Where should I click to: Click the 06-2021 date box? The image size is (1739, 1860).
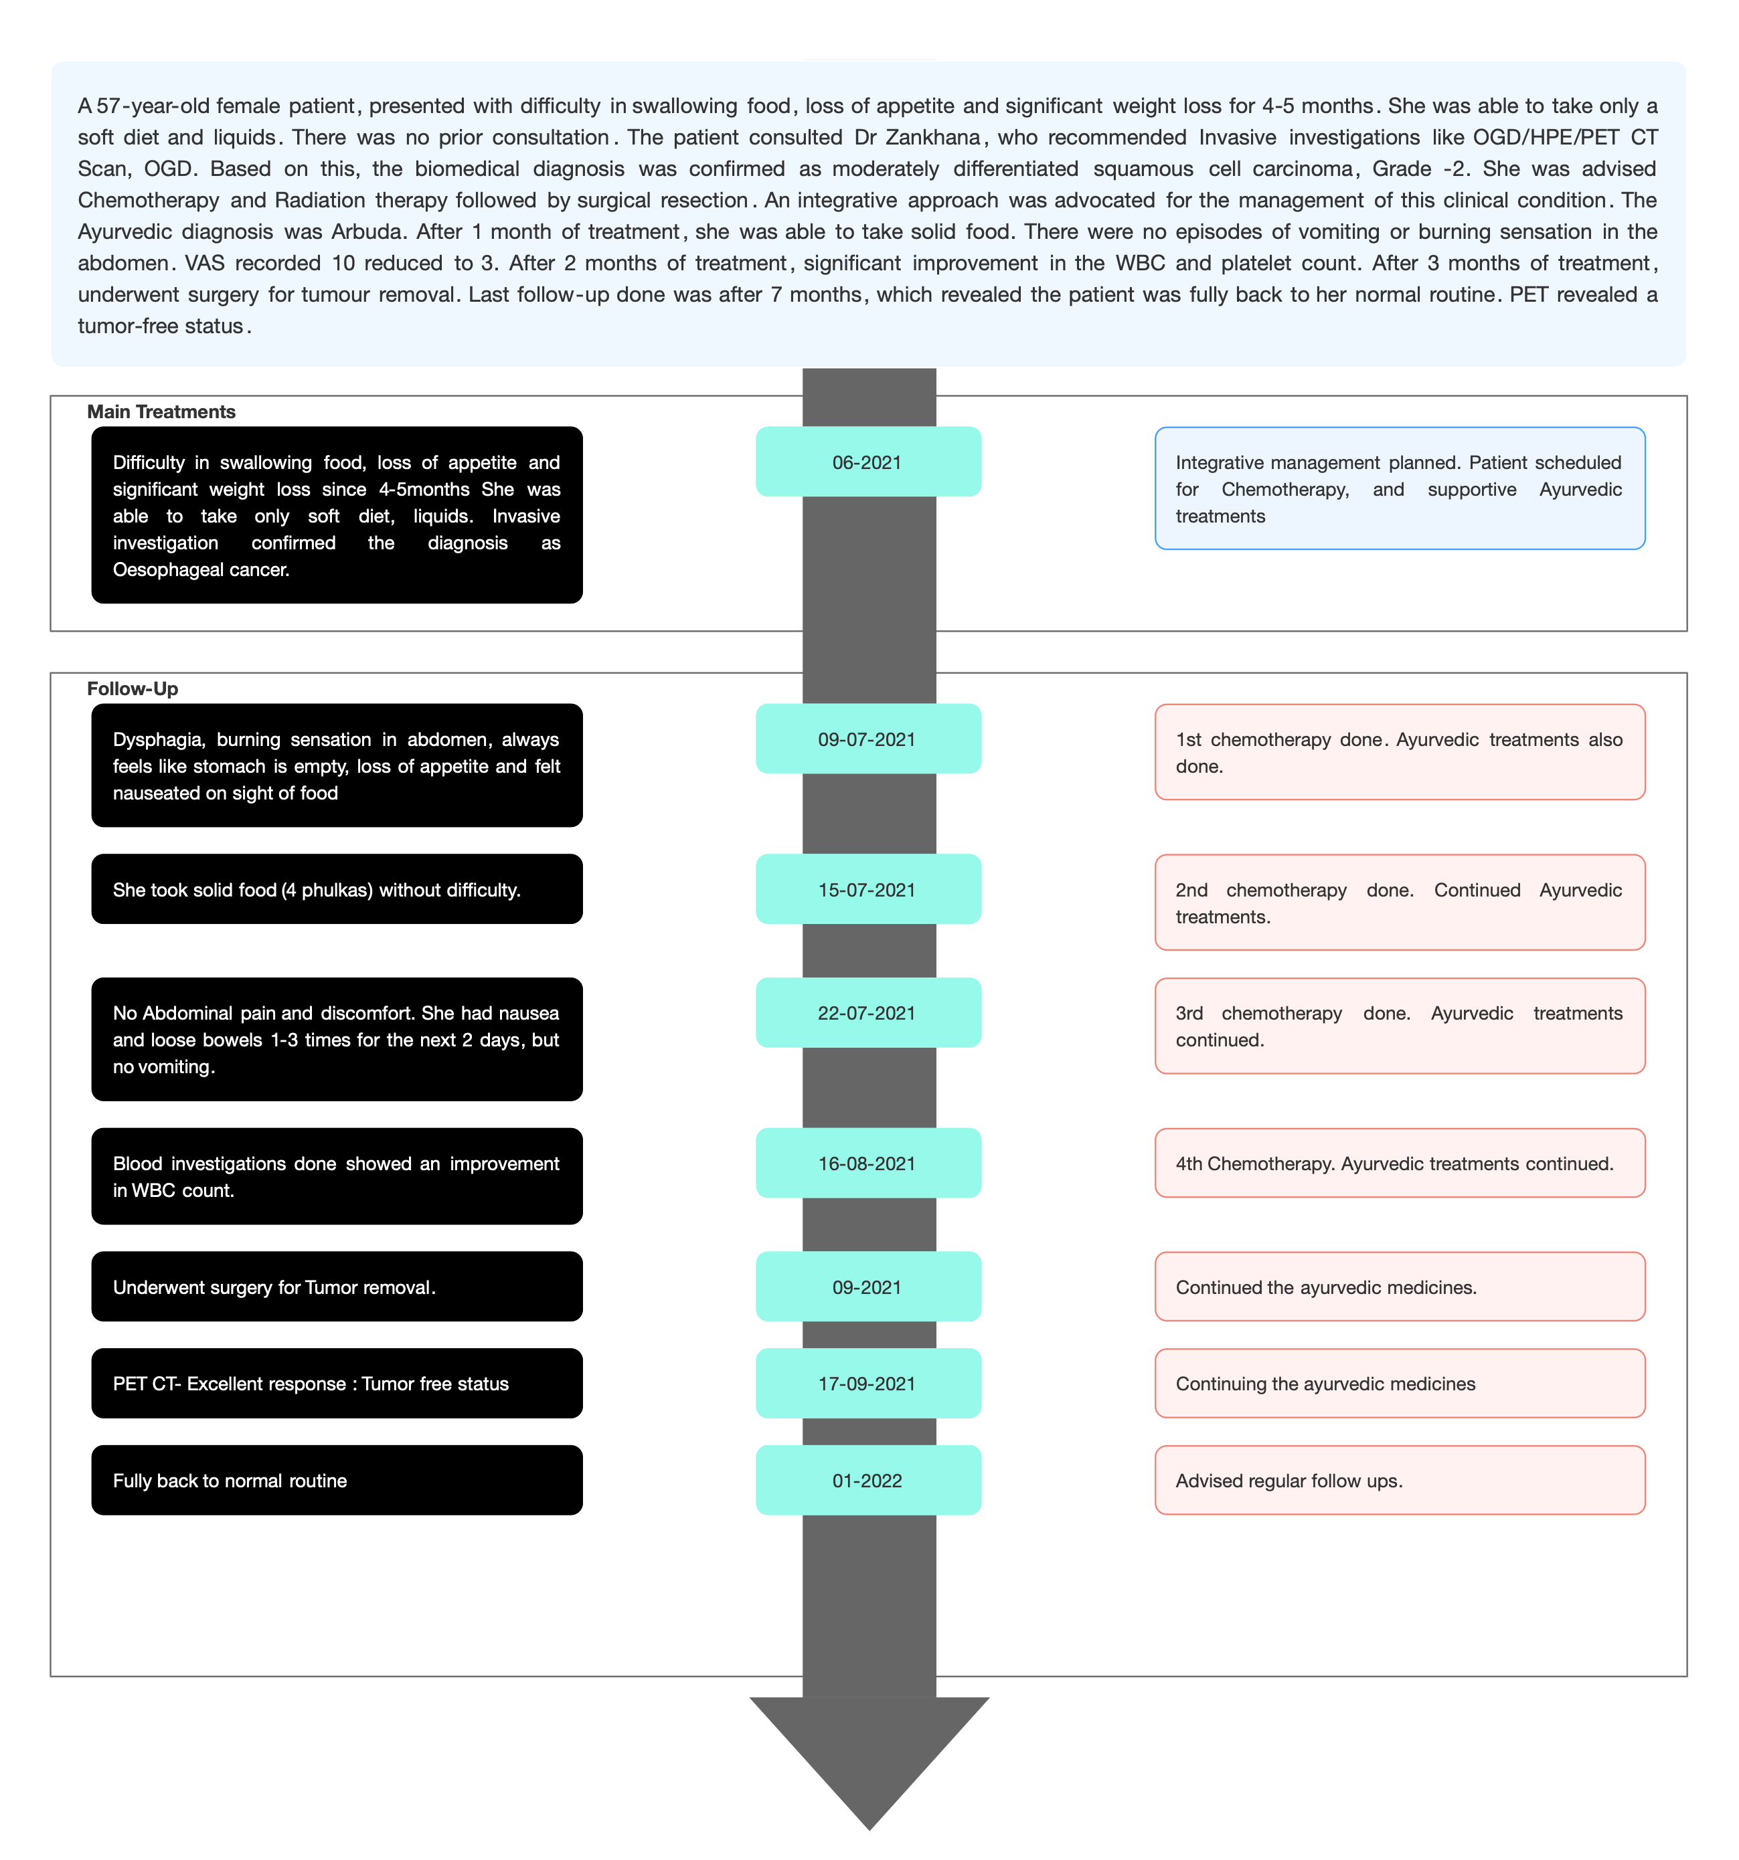pos(867,461)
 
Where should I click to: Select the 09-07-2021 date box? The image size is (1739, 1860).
pos(867,738)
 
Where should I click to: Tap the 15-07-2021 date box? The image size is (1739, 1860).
pos(867,889)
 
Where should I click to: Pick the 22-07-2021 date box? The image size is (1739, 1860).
pos(867,1012)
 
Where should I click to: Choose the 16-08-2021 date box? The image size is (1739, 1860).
pos(867,1163)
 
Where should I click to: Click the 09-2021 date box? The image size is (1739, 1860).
pos(867,1287)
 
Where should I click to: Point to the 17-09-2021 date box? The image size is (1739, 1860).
pos(867,1383)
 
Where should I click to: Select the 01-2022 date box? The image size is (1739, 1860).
pos(867,1480)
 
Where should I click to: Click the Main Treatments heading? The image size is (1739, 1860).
pos(161,411)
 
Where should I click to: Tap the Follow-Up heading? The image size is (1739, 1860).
pos(132,688)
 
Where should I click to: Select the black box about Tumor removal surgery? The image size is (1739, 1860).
pos(337,1287)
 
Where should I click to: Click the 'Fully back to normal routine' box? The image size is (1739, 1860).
pos(337,1480)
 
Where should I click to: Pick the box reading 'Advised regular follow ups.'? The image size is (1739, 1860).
pos(1399,1480)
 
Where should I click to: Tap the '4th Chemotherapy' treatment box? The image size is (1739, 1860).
pos(1399,1163)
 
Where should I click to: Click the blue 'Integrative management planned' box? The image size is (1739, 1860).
pos(1399,488)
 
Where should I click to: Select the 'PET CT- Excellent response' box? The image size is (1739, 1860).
pos(337,1383)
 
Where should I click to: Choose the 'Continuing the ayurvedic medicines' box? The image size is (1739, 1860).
pos(1399,1383)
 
